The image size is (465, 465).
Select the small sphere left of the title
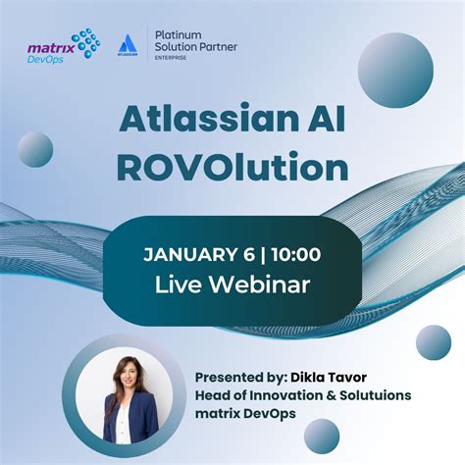click(35, 150)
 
